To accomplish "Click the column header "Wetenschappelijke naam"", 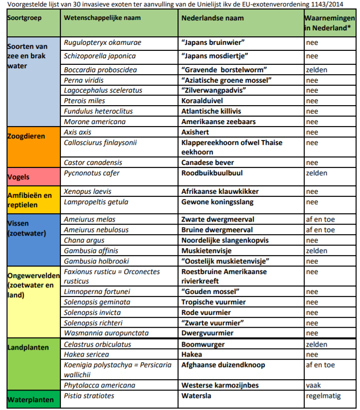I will click(102, 17).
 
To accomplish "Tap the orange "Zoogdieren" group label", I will click(26, 136).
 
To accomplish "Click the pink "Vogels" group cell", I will click(18, 177).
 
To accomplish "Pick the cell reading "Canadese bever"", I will click(207, 162).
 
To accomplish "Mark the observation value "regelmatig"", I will click(323, 396).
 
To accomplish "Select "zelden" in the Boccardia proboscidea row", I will click(317, 69).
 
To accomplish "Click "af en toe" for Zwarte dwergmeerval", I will click(320, 219).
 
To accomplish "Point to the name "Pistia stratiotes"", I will click(89, 396).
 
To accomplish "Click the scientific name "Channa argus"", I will click(84, 240).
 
